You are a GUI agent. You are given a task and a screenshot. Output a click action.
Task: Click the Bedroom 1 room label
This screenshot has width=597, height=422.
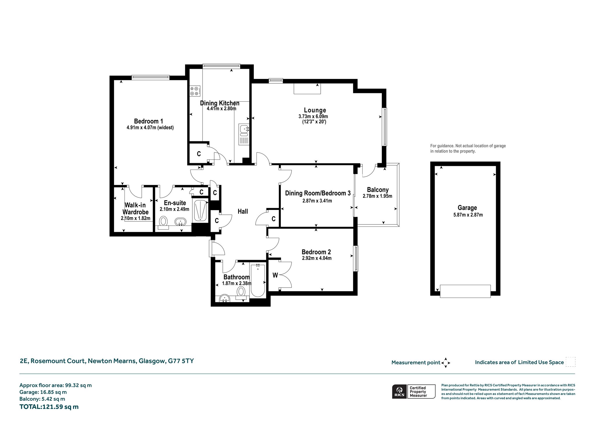(148, 121)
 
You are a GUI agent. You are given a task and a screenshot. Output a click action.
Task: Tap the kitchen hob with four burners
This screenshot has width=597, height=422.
(195, 91)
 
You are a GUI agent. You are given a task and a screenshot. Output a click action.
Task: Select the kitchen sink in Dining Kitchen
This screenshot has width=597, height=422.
(244, 134)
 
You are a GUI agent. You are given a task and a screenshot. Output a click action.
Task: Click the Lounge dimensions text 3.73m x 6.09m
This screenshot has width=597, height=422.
(313, 116)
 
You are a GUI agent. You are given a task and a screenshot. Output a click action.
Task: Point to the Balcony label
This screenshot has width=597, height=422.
(377, 190)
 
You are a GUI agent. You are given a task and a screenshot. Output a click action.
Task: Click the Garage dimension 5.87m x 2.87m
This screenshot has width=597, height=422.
(468, 215)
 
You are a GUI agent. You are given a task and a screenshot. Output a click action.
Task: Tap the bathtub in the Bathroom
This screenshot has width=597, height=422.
(258, 280)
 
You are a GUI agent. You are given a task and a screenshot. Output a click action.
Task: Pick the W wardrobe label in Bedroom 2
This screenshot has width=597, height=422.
(275, 275)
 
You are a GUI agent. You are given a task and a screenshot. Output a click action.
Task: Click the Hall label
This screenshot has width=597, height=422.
(243, 211)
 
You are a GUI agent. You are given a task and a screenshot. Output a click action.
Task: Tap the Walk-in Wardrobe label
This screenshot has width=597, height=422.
(136, 209)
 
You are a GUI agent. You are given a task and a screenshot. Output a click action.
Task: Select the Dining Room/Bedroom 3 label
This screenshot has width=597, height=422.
(318, 193)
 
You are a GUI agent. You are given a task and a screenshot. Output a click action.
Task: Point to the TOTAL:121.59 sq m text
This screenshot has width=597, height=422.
(49, 407)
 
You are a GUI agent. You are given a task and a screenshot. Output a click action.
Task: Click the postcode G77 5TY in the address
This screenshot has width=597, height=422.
(181, 361)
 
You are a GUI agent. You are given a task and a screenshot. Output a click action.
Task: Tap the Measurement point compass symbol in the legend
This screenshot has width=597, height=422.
(446, 363)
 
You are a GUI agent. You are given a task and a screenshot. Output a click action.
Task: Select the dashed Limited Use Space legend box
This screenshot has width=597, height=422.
(570, 362)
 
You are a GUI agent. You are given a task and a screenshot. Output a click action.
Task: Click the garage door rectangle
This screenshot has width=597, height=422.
(465, 291)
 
